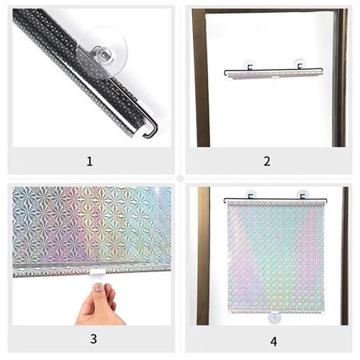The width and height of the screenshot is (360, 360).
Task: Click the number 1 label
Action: point(89,161)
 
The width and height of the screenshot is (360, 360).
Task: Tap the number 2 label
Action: point(267,161)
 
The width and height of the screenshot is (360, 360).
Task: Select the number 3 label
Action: point(94,338)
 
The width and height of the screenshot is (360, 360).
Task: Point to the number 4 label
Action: point(274,341)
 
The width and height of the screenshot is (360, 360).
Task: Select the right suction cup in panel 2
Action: point(299,65)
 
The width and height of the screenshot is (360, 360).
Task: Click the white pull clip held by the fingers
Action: point(97,275)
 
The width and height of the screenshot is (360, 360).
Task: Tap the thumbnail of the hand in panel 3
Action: point(98,287)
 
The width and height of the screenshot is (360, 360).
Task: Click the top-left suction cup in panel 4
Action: point(250,194)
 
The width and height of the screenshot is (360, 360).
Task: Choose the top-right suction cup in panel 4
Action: point(302,194)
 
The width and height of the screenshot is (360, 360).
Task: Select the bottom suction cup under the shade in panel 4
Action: point(274,318)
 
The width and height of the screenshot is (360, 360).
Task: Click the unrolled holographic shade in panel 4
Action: point(276,257)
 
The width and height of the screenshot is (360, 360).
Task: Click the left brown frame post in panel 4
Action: point(204,256)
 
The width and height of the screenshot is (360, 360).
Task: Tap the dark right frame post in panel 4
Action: point(345,256)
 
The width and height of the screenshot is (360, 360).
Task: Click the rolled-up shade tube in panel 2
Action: point(274,73)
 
